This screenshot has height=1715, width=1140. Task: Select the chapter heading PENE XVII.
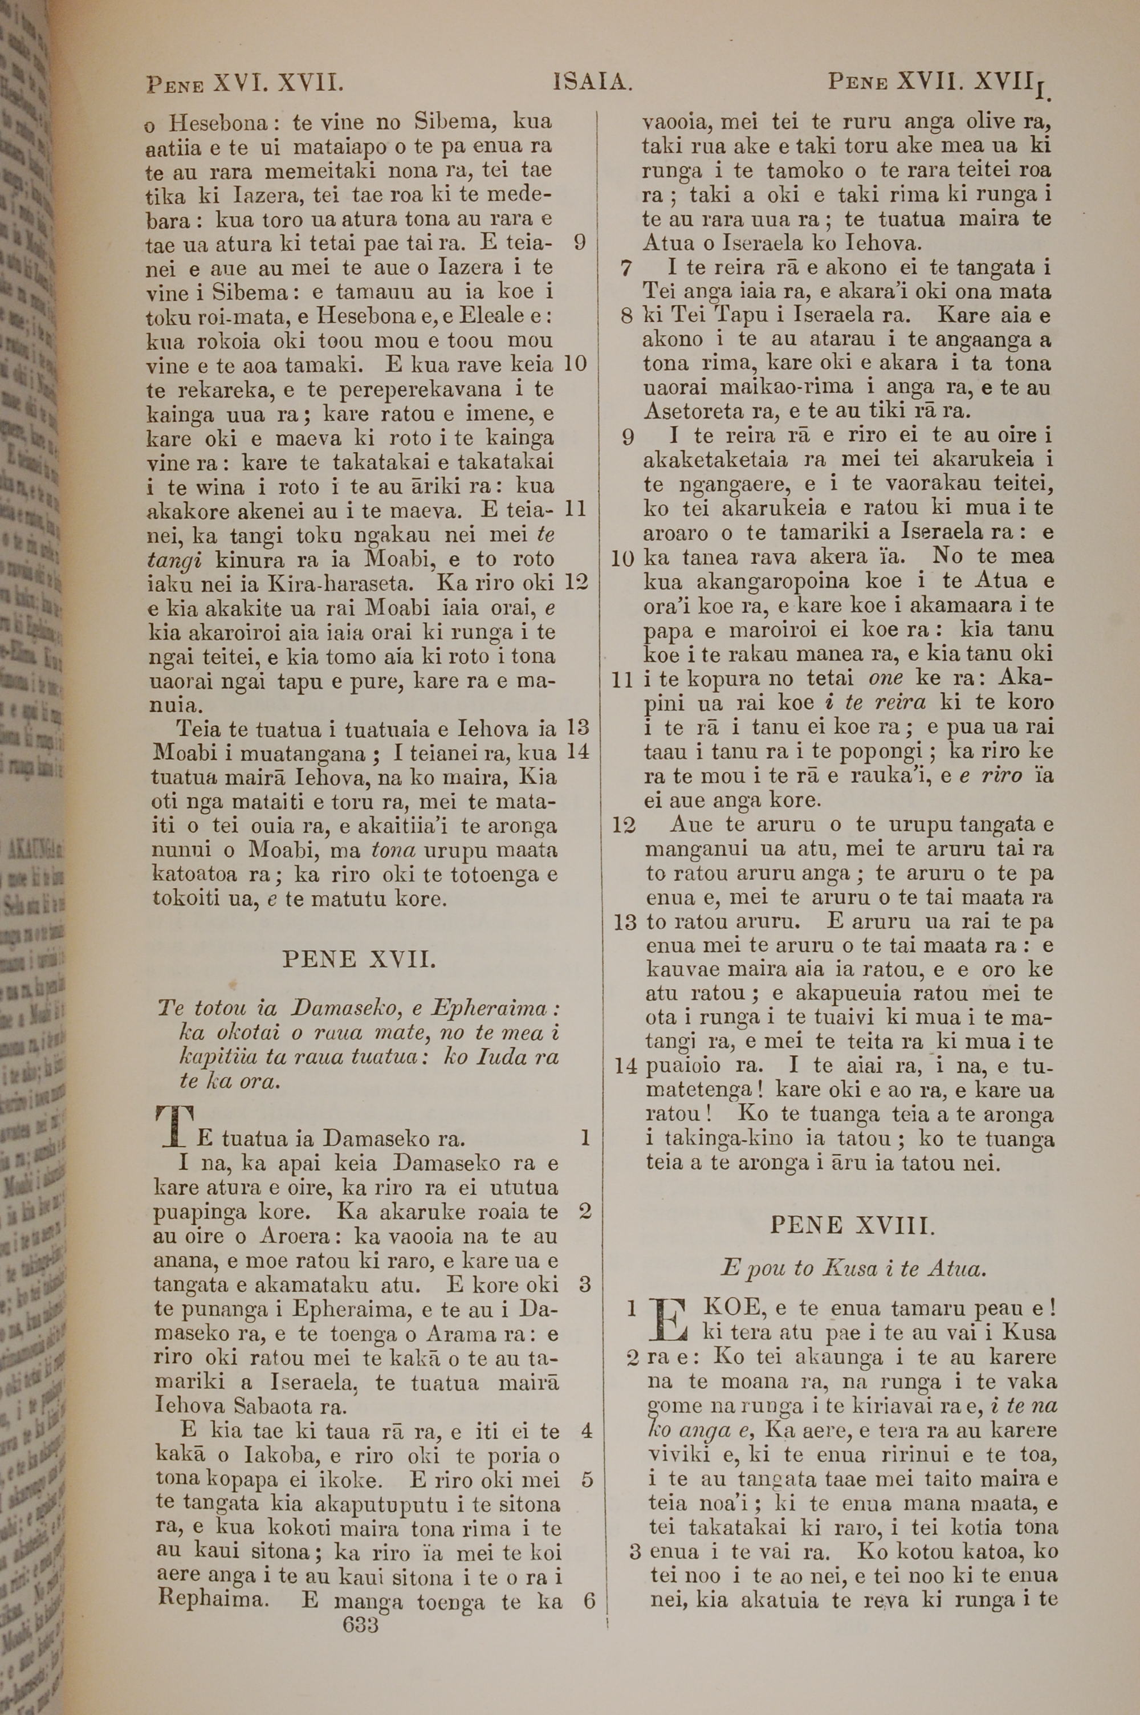pos(359,960)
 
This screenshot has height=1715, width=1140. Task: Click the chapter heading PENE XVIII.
pos(850,1226)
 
